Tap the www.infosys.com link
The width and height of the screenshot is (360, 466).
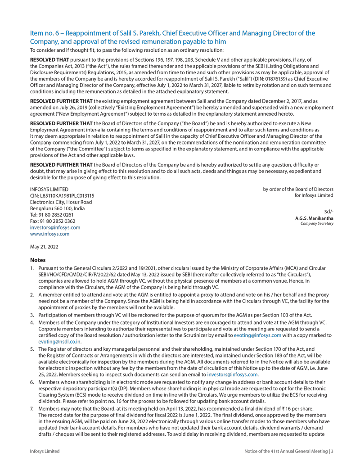tap(49, 234)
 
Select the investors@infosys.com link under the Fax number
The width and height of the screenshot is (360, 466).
tap(55, 228)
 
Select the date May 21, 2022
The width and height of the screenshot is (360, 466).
tap(44, 247)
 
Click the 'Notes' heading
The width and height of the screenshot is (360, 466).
tap(38, 260)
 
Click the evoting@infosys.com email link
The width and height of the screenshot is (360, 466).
tap(257, 335)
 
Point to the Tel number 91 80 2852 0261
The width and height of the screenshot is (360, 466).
tap(56, 215)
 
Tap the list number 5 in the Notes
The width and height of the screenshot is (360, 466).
tap(32, 349)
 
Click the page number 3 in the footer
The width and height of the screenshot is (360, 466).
tap(332, 451)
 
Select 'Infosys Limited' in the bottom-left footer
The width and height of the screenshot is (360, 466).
tap(45, 451)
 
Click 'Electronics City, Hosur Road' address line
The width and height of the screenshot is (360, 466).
tap(61, 202)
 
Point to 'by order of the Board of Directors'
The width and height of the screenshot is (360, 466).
tap(298, 189)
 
